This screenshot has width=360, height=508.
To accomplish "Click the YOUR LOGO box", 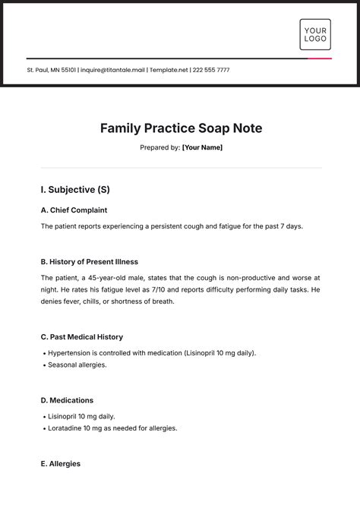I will [315, 34].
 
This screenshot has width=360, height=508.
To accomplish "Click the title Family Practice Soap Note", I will [181, 128].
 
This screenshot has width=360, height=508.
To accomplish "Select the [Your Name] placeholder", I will [202, 147].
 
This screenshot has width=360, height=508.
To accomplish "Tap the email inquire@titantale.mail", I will [113, 71].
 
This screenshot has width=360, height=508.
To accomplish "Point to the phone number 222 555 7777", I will [212, 71].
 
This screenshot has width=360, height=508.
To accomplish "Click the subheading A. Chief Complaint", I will [74, 210].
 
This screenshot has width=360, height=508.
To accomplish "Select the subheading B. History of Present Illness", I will [89, 262].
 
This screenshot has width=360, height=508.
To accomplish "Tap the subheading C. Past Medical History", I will [81, 336].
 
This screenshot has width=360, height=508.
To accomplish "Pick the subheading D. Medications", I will [67, 400].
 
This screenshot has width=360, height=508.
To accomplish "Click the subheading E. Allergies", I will [60, 464].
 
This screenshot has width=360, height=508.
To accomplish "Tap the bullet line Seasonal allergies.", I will [77, 365].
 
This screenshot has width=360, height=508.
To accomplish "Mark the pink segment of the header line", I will [320, 58].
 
